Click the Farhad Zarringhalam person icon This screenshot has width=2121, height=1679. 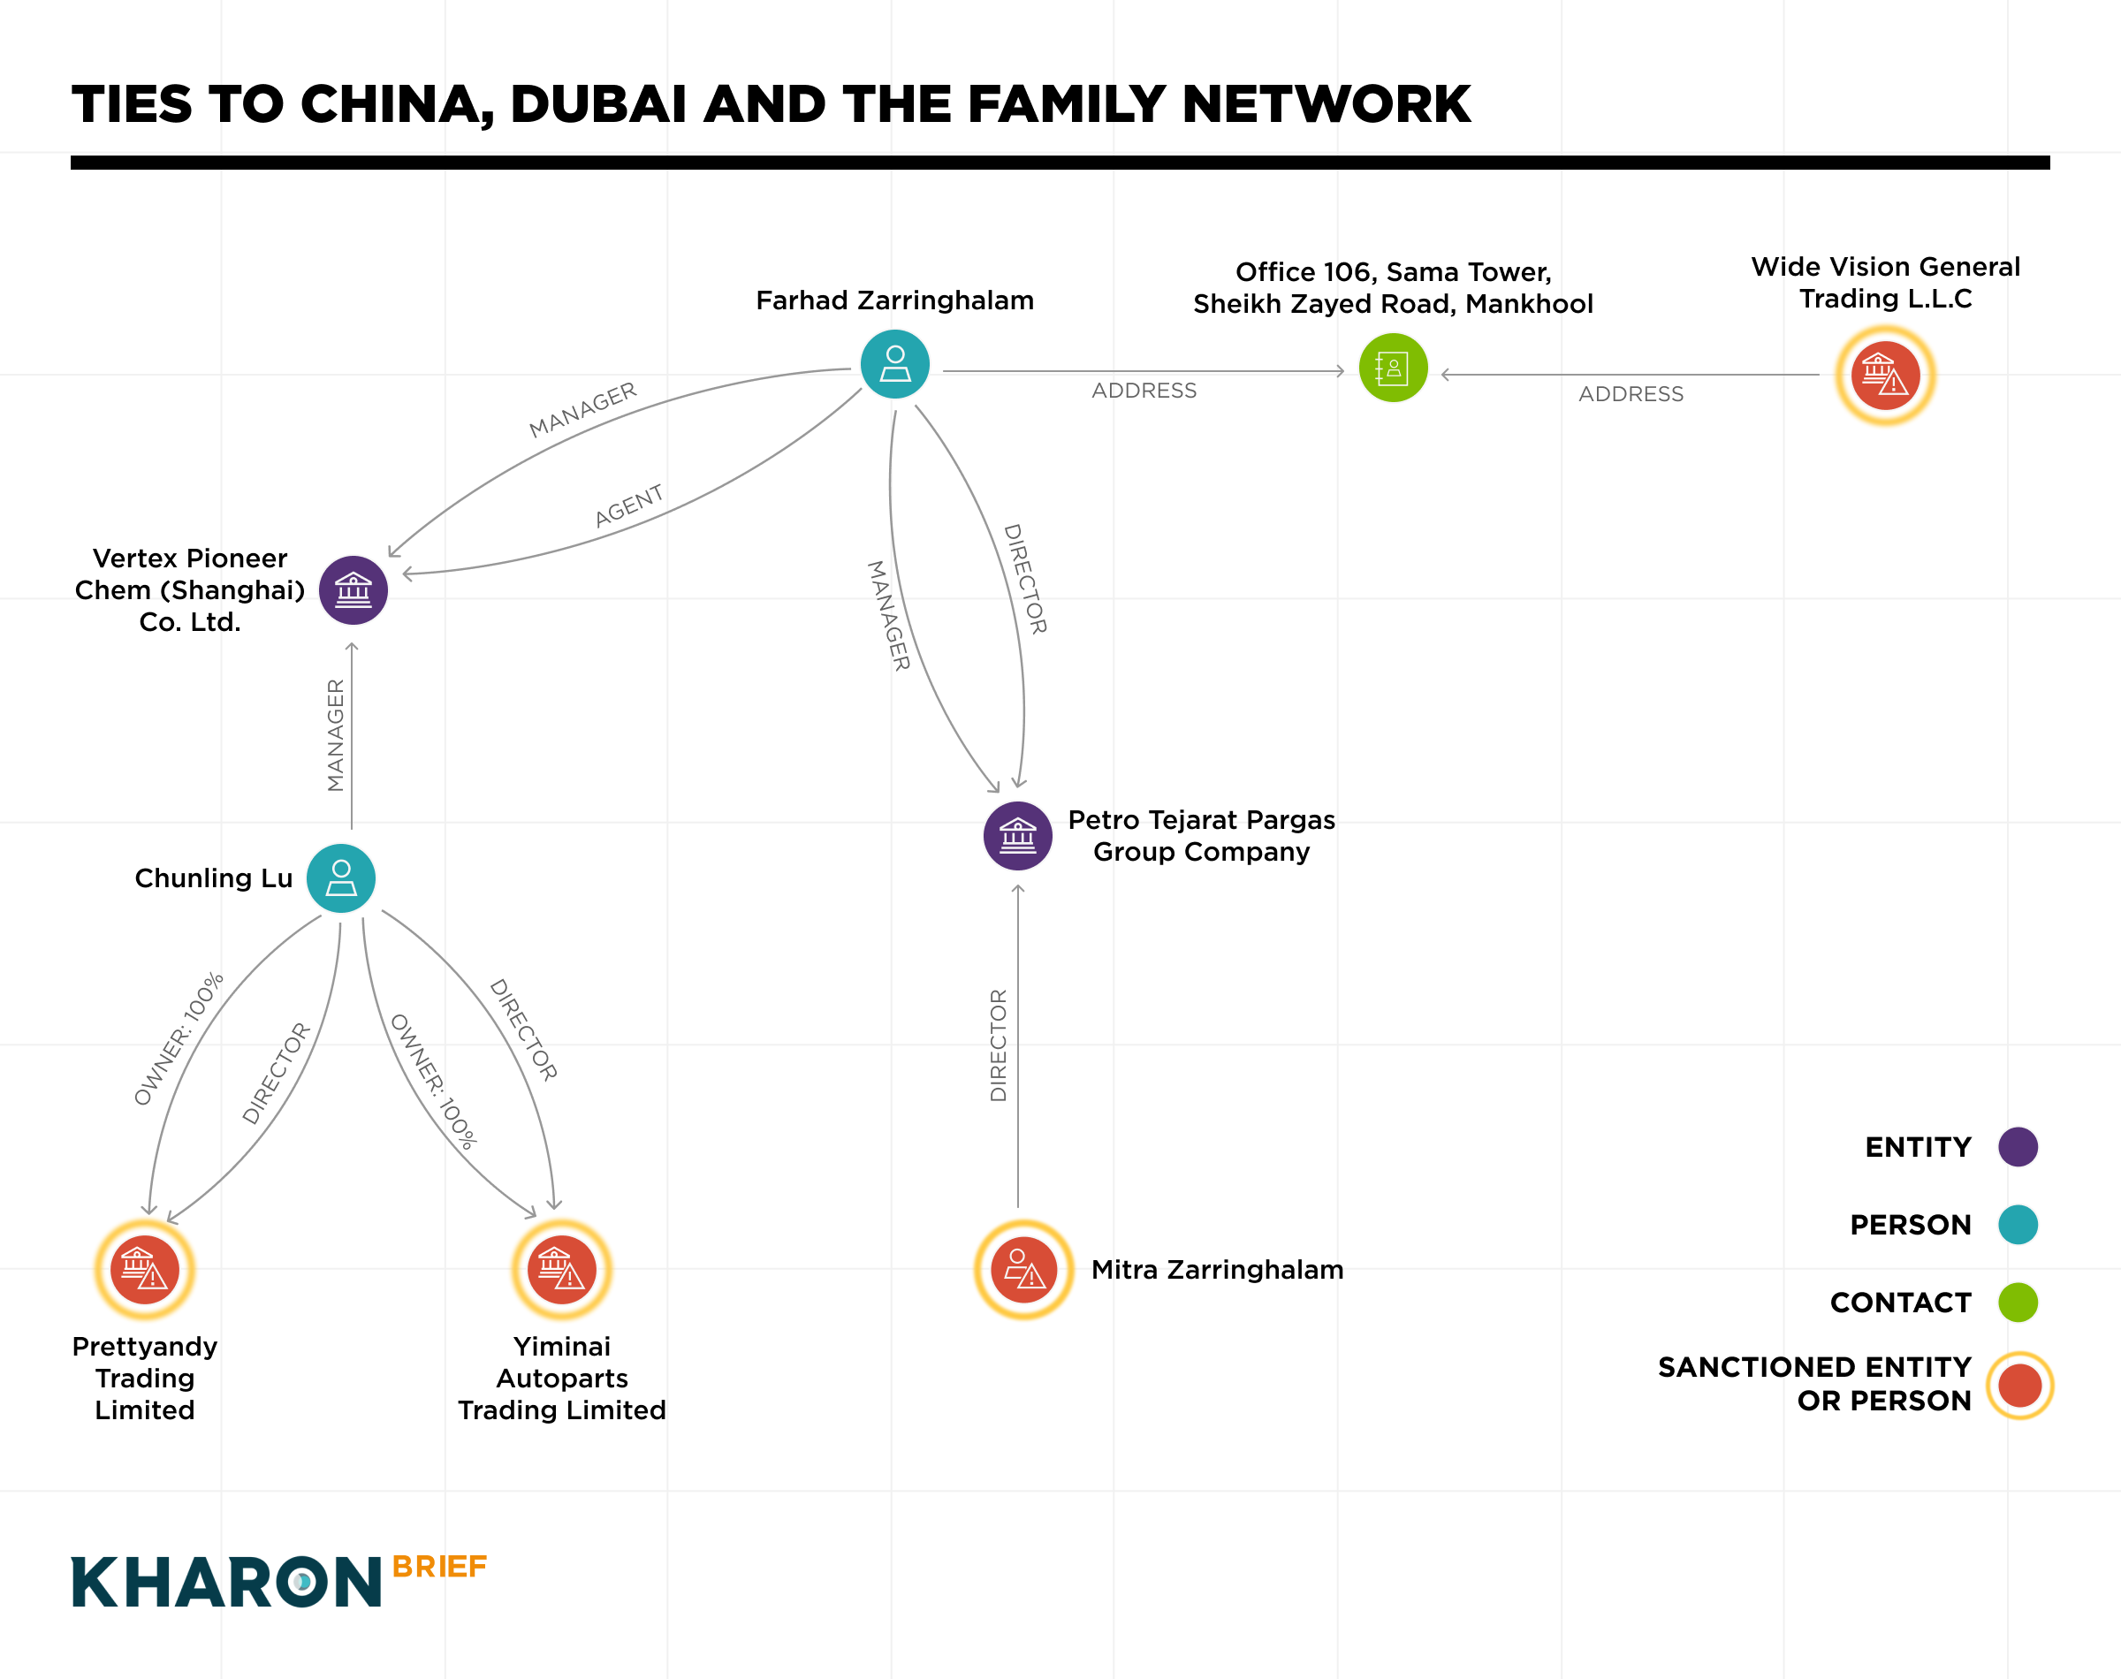pyautogui.click(x=894, y=364)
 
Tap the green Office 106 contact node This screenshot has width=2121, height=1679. pyautogui.click(x=1393, y=368)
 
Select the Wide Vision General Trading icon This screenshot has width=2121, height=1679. pyautogui.click(x=1884, y=375)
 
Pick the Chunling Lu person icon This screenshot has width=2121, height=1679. pyautogui.click(x=341, y=877)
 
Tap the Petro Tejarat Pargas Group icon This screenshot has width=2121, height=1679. pyautogui.click(x=1017, y=836)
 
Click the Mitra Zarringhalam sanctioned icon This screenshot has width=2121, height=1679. pyautogui.click(x=1023, y=1269)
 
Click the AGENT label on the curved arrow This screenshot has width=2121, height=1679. pyautogui.click(x=629, y=505)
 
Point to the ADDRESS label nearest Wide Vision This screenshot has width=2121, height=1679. pyautogui.click(x=1631, y=394)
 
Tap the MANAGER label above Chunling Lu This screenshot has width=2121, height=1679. pyautogui.click(x=335, y=735)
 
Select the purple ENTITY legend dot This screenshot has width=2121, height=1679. pyautogui.click(x=2017, y=1146)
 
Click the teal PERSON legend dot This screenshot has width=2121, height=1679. pyautogui.click(x=2017, y=1224)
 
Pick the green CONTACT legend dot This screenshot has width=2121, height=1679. pyautogui.click(x=2017, y=1302)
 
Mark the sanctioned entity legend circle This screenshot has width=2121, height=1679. pyautogui.click(x=2018, y=1384)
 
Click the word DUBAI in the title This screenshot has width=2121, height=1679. pyautogui.click(x=597, y=104)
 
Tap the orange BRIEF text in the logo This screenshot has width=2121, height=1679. pyautogui.click(x=439, y=1566)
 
